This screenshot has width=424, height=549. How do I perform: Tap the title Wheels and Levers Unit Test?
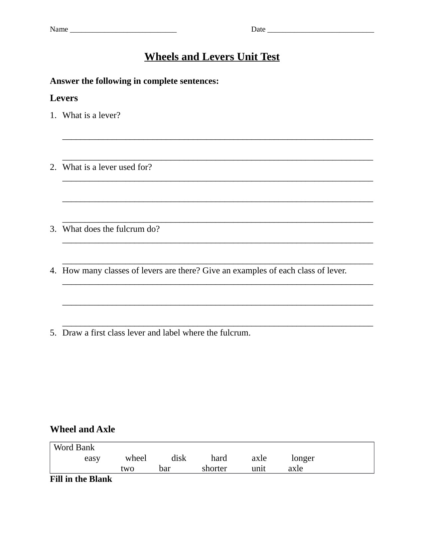pos(212,57)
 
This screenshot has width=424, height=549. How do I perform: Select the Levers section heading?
pos(64,98)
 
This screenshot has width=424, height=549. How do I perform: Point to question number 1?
pos(53,115)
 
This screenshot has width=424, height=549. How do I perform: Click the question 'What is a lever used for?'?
pos(107,167)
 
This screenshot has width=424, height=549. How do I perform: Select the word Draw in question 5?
pos(70,333)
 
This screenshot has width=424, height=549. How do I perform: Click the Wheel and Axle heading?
pos(82,429)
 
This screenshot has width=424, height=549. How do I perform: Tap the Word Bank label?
pos(74,448)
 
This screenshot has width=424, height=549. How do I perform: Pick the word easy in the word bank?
pos(92,458)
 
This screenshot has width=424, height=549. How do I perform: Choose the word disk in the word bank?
pos(179,458)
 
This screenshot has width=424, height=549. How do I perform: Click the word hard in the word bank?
pos(219,458)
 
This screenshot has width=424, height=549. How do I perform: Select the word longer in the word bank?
pos(303,458)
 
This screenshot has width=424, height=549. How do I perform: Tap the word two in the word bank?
pos(127,469)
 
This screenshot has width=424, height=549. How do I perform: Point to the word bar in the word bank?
pos(165,469)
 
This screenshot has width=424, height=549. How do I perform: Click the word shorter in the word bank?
pos(214,469)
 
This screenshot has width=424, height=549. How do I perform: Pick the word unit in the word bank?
pos(258,469)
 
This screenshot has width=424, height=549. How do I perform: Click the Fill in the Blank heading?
pos(81,479)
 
